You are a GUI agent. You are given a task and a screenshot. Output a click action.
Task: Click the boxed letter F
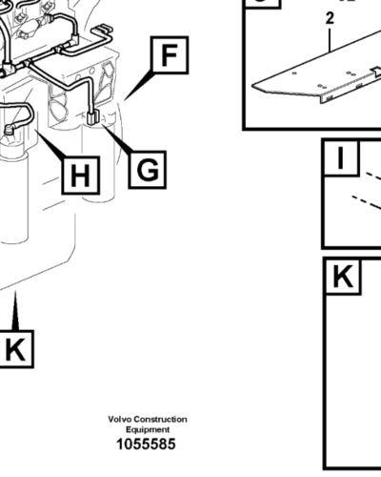tap(169, 57)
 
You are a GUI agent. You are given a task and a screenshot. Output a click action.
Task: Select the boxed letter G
tap(148, 170)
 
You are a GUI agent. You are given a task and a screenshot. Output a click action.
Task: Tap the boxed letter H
tap(81, 176)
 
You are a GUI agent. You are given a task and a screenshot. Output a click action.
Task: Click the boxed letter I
tap(340, 159)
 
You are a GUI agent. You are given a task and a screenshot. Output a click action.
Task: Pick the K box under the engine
tap(14, 350)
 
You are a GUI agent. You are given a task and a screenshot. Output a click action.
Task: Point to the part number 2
tap(330, 18)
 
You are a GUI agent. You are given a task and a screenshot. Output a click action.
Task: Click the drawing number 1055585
tap(146, 445)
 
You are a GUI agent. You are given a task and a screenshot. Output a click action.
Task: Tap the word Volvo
tap(121, 420)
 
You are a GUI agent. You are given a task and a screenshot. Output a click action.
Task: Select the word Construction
tap(161, 420)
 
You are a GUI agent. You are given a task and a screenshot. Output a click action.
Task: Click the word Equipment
tap(147, 429)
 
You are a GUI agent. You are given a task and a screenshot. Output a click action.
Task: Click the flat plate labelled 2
tap(314, 82)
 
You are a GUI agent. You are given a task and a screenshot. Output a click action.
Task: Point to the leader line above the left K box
tap(15, 311)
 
